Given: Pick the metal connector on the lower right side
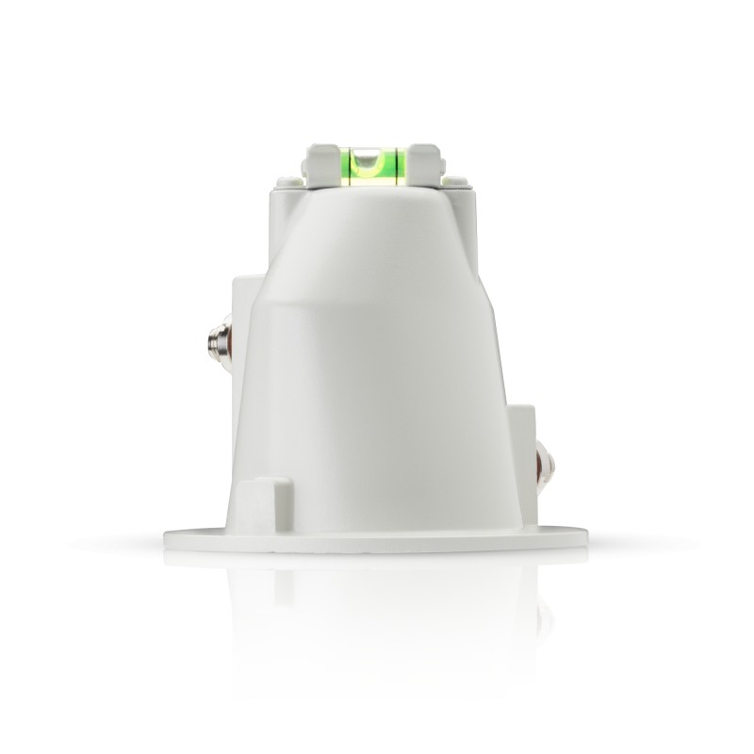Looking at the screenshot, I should pyautogui.click(x=544, y=469).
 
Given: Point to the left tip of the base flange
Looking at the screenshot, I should pyautogui.click(x=168, y=538).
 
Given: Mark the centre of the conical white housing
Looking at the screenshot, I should pyautogui.click(x=377, y=377).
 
